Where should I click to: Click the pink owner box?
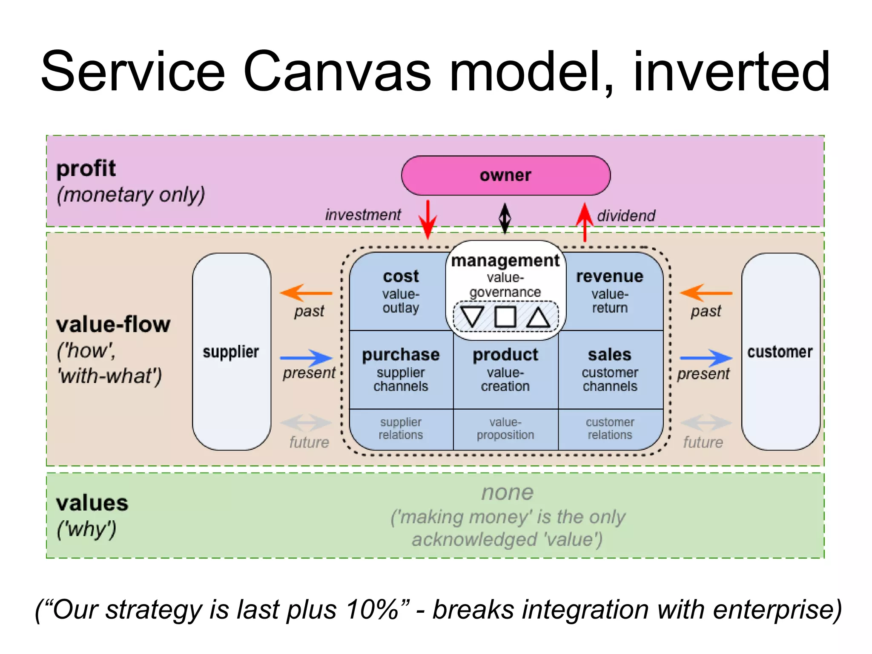505,175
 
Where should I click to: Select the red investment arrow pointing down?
427,219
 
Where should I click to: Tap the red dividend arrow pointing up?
585,221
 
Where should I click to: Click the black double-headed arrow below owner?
505,218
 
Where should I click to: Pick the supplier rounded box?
231,352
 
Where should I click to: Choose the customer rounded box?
780,352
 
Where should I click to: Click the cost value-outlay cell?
400,292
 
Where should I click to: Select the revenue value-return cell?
610,292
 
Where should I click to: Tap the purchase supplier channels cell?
401,370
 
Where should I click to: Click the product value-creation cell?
505,370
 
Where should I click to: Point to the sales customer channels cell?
610,370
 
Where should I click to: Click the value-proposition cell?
505,429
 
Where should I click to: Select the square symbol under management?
505,317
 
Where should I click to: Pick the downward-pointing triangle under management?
472,316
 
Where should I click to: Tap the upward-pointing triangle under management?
538,317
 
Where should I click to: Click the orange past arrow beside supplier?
306,293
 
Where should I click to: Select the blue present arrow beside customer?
706,358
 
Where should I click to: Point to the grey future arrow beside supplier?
306,423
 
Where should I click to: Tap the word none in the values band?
507,493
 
